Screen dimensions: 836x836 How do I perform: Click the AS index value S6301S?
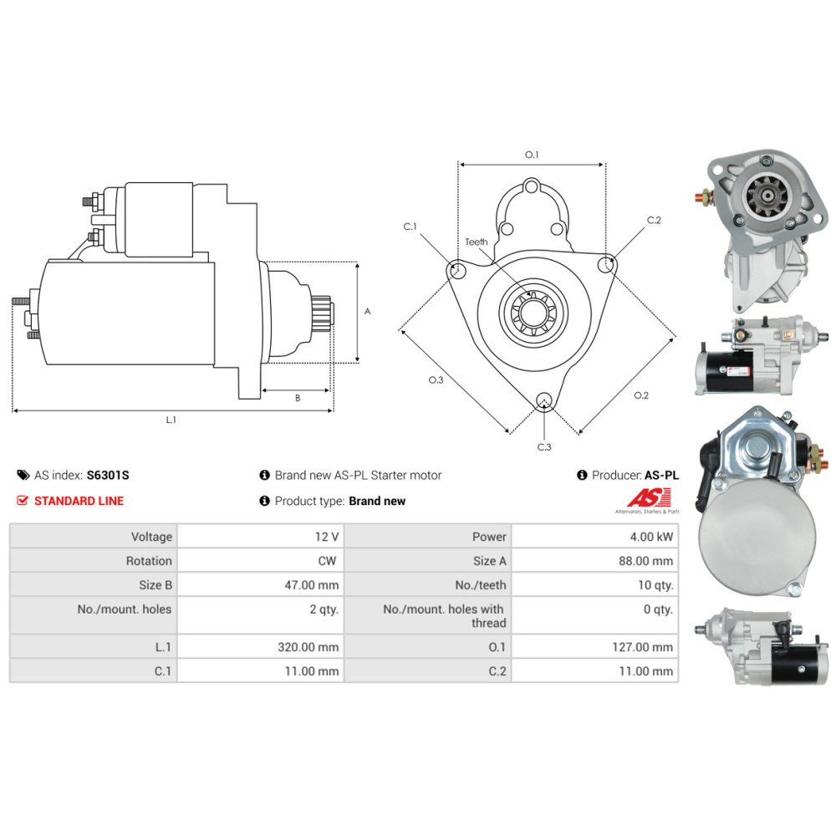pyautogui.click(x=108, y=475)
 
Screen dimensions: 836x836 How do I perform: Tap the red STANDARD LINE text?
pyautogui.click(x=79, y=501)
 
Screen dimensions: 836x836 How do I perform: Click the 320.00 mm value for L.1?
pyautogui.click(x=308, y=647)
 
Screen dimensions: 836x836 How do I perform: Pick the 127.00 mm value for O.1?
pyautogui.click(x=642, y=647)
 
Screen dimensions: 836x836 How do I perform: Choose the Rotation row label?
pyautogui.click(x=149, y=561)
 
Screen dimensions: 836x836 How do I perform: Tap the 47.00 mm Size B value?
pyautogui.click(x=311, y=585)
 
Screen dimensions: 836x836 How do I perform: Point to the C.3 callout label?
pyautogui.click(x=544, y=446)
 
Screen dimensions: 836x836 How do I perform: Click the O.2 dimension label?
pyautogui.click(x=641, y=395)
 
